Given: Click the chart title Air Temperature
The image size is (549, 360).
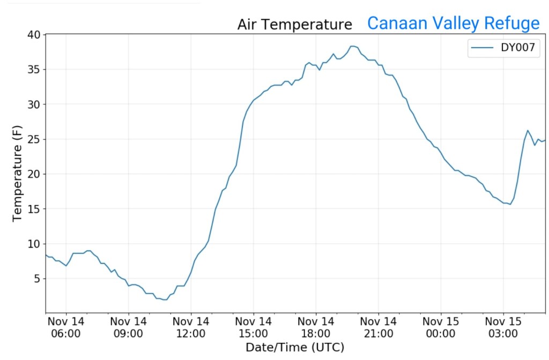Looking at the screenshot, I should point(295,25).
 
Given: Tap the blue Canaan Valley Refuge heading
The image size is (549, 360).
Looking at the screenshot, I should point(453,23).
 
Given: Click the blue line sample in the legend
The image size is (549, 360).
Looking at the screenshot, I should point(482,48).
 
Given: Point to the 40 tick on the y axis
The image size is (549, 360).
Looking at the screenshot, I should point(34,35).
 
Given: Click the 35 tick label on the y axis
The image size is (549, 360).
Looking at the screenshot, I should point(34,70).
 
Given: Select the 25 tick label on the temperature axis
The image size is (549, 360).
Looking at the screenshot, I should point(34,139).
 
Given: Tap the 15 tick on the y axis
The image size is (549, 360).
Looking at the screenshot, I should point(34,209).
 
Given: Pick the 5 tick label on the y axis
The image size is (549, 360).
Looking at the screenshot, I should point(37,279).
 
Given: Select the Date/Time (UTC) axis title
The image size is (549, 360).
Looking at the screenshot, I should point(295,347).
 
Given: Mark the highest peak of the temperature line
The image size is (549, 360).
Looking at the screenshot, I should point(353,46).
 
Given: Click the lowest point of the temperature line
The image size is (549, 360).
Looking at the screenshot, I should point(165,299).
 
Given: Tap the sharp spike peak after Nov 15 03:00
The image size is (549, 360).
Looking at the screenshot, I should point(528,130).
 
